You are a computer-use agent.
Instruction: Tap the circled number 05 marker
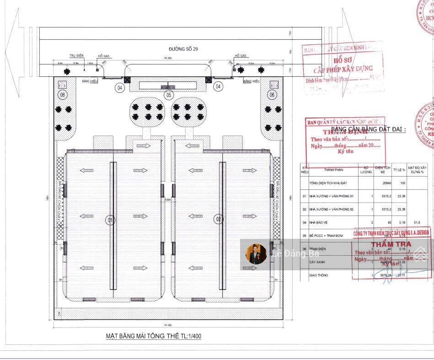coord(169,95)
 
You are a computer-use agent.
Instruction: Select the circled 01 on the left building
coord(110,220)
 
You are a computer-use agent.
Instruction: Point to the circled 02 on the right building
coord(218,220)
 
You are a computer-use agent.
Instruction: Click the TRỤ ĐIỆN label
coord(76,56)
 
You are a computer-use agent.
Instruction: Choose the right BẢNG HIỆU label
coord(251,81)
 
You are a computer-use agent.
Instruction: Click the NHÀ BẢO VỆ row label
coord(322,223)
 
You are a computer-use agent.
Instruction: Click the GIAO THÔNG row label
coord(320,275)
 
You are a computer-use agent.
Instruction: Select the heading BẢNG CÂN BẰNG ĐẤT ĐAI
coord(368,129)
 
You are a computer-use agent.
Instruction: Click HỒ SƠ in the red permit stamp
coord(343,60)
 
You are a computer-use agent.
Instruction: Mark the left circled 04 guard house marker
coord(120,87)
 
